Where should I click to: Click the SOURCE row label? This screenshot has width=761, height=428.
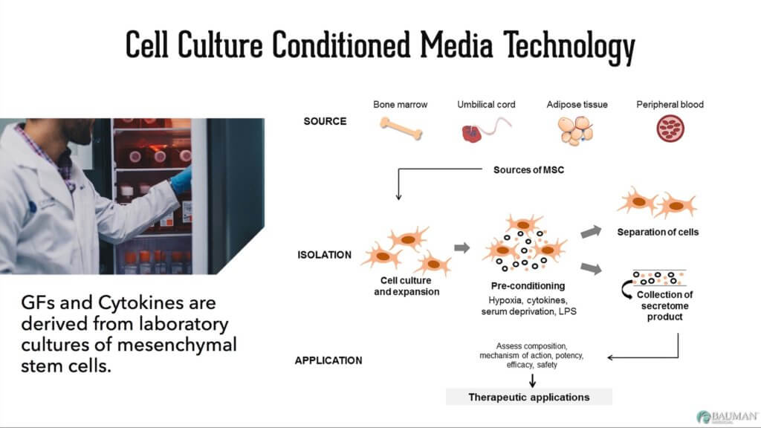(325, 121)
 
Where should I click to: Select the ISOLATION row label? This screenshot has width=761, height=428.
(323, 255)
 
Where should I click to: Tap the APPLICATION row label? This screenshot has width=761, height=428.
(328, 360)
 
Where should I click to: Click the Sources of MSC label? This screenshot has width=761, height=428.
(528, 170)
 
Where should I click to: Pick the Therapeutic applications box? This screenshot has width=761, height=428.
(528, 397)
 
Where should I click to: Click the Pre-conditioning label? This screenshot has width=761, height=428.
(528, 285)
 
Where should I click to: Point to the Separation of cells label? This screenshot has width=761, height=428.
(658, 232)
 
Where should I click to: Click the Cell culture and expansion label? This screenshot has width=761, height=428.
(406, 286)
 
